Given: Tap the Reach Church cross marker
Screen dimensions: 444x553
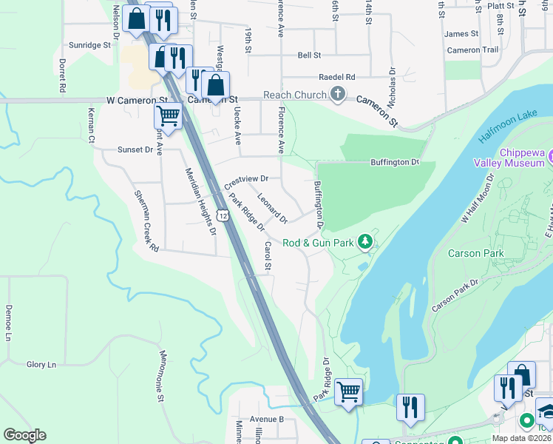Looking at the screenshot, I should pos(338,94).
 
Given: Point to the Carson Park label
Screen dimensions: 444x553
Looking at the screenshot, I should pos(476,253).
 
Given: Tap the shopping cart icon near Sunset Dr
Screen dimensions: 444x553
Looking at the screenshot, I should pos(168,116).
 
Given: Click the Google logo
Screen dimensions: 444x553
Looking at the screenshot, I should pos(24,435).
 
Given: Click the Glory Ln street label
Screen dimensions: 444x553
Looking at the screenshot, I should pos(41,365).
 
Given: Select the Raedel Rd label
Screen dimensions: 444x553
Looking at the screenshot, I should pos(336,77).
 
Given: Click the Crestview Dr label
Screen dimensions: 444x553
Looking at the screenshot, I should pos(245,179).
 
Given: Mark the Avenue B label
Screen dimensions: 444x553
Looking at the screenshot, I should pos(267,419).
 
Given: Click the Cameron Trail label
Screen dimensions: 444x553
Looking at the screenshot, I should pos(472,50).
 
